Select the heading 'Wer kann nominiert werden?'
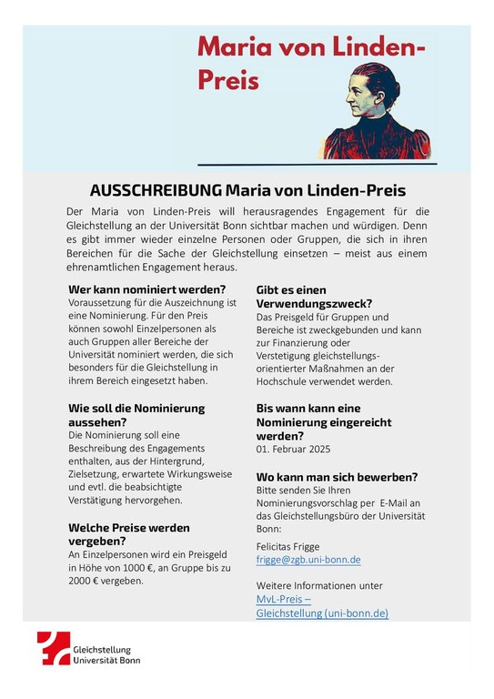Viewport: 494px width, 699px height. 146,289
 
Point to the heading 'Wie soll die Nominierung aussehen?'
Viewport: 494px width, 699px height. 136,415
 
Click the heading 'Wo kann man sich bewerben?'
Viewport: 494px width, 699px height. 337,476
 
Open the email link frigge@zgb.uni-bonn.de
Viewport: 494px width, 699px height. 308,560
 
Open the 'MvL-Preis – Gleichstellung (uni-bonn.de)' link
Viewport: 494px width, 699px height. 322,606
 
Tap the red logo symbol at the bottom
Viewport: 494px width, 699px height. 54,649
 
